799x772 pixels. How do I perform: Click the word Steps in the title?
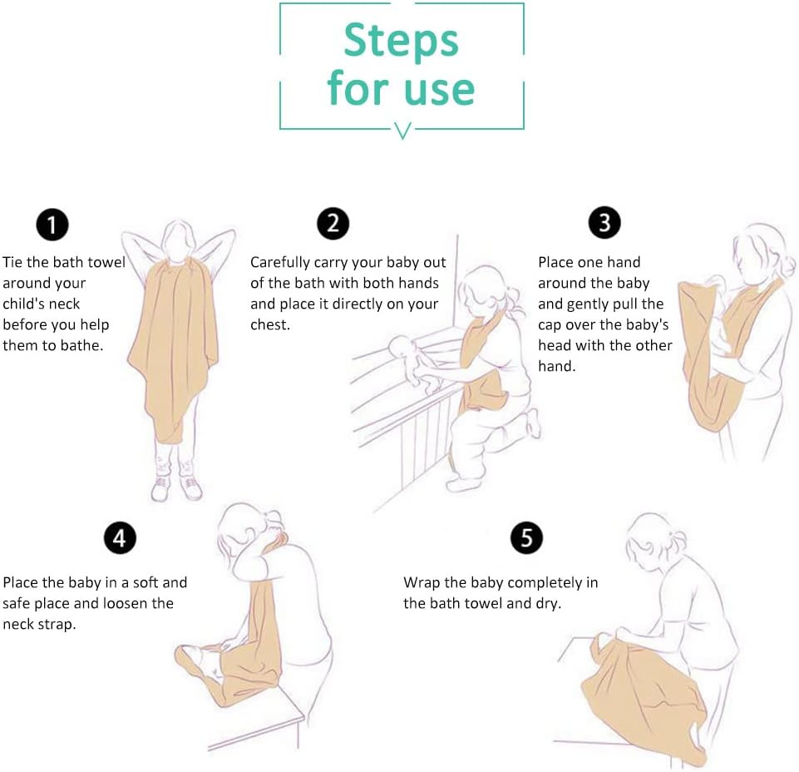[401, 42]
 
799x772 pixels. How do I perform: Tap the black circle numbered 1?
[52, 225]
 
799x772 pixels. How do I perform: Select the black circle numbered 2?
[333, 223]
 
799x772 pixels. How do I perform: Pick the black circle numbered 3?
[604, 222]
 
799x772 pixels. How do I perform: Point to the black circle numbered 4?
[120, 537]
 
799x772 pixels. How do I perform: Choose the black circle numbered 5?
[526, 537]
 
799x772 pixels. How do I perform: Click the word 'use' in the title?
[439, 90]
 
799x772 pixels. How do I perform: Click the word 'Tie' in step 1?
[12, 262]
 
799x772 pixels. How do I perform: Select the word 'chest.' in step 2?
[270, 324]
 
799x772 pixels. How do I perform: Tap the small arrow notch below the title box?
[402, 131]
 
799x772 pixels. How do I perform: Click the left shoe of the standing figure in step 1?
[160, 488]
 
